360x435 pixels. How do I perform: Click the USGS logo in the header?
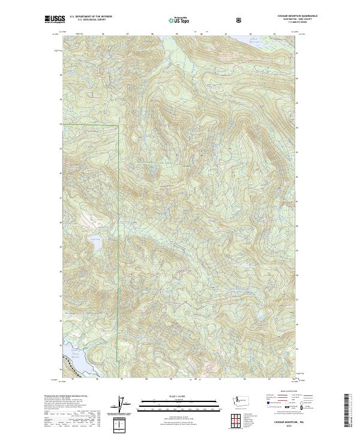click(55, 19)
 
